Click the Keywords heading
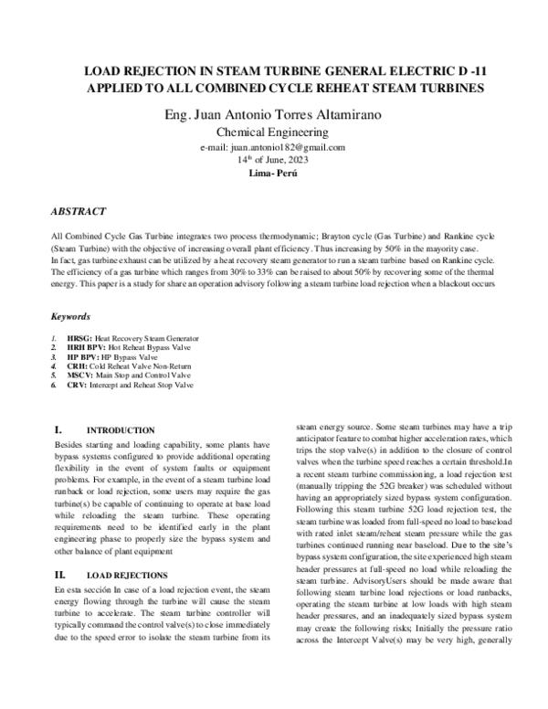[x=70, y=318]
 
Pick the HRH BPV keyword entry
[x=125, y=348]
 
